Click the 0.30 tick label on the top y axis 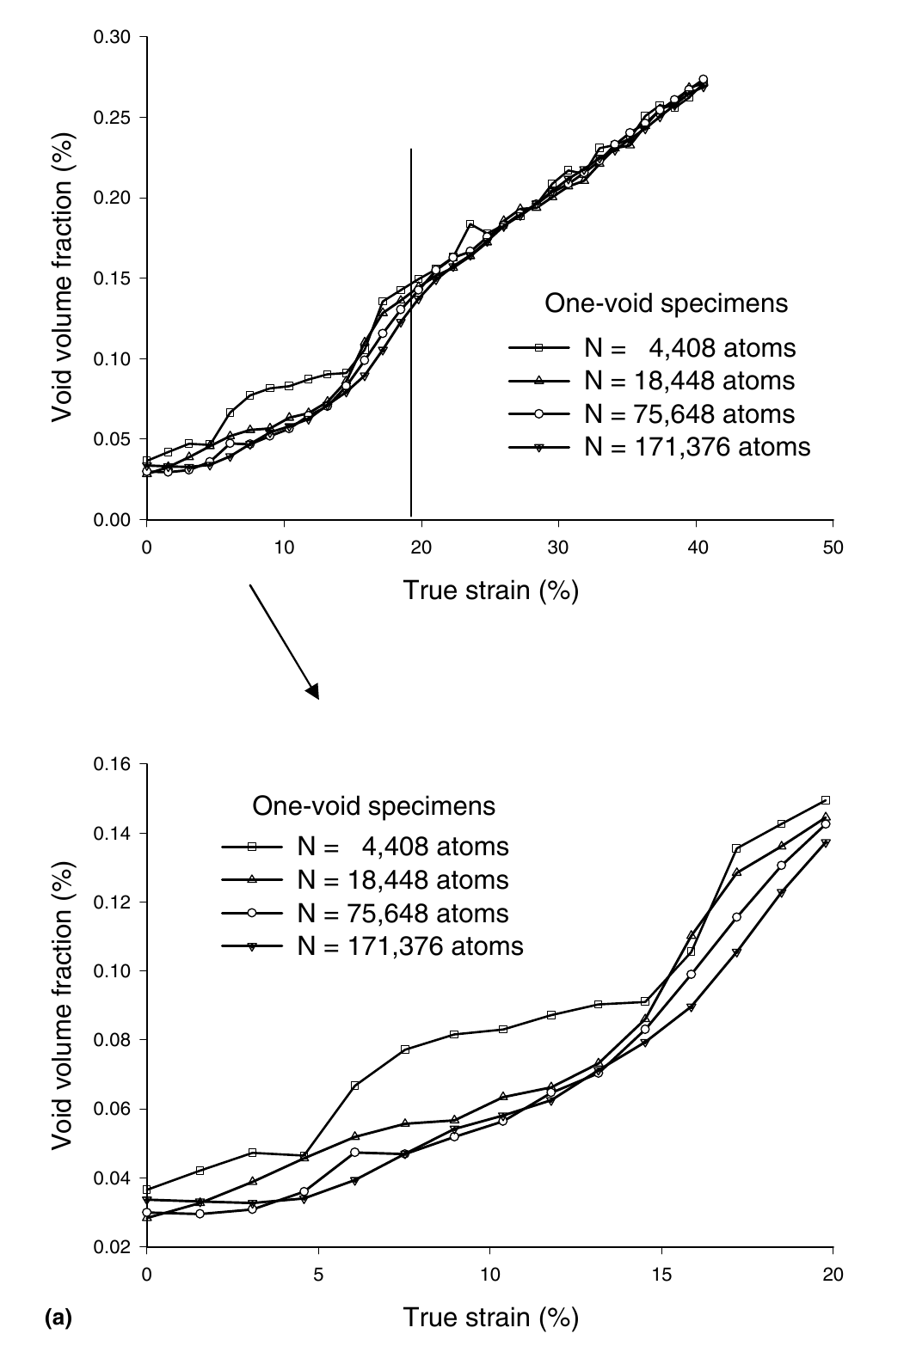pos(114,37)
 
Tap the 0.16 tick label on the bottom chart pos(114,764)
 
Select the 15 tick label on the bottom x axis pos(661,1274)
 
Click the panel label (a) pos(56,1316)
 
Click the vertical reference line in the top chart pos(411,344)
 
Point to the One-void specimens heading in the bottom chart pos(373,806)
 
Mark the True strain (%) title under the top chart pos(490,590)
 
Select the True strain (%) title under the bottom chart pos(490,1317)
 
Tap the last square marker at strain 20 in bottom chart pos(826,800)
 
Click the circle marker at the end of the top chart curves pos(703,79)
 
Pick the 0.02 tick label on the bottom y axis pos(114,1246)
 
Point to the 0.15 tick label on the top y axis pos(114,278)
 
